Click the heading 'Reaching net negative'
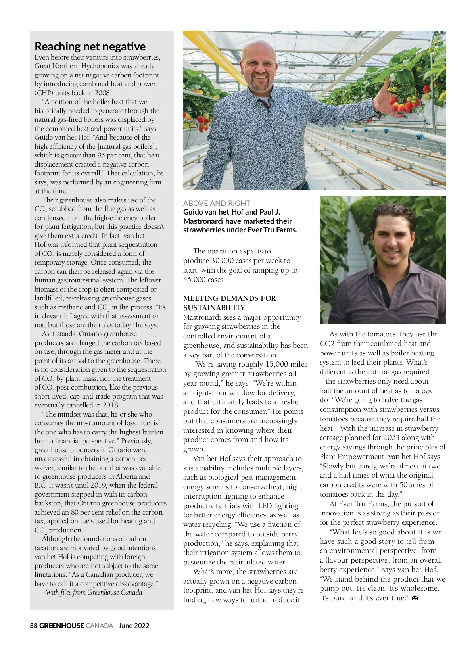pos(90,46)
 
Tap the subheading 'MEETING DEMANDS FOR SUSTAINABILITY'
pos(229,303)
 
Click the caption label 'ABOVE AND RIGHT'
pos(217,203)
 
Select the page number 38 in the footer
pos(33,626)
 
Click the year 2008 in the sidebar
pos(103,93)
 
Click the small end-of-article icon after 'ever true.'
pos(415,598)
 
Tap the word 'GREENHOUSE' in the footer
pos(61,626)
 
